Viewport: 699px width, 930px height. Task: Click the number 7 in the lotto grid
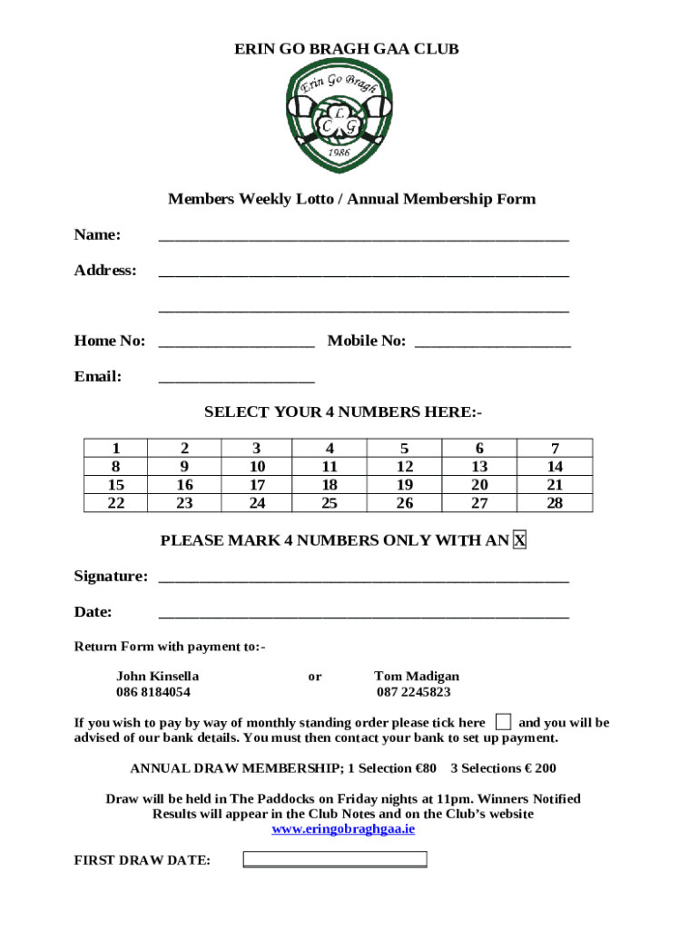(555, 448)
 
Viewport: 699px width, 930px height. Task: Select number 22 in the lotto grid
(116, 502)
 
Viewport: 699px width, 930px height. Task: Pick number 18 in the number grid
(330, 484)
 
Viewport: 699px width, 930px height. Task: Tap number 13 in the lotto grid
(478, 466)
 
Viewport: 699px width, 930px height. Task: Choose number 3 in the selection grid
(257, 448)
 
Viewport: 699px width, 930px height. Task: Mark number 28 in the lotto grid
(555, 502)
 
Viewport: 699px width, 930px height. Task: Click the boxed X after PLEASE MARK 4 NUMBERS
(519, 540)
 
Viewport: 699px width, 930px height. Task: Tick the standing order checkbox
(503, 722)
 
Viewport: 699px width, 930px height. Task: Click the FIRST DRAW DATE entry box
(335, 859)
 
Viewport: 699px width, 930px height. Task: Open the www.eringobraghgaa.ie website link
(344, 829)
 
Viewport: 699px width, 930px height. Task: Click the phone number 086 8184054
(153, 692)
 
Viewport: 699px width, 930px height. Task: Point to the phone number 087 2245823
(414, 692)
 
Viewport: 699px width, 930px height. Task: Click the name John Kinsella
(158, 676)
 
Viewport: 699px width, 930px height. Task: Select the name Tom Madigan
(417, 676)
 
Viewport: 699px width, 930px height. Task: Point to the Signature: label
(111, 576)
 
